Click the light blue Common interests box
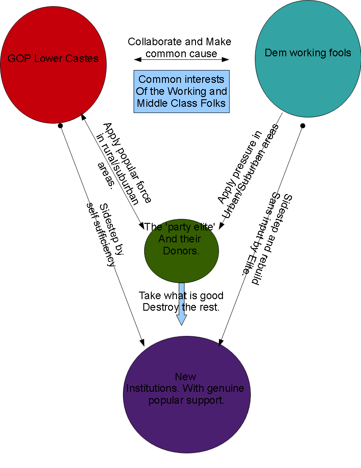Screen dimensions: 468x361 [x=181, y=92]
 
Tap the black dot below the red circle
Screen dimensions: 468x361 [x=60, y=126]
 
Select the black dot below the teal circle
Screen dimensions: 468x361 [x=303, y=126]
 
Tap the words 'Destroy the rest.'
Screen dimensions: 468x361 [x=181, y=307]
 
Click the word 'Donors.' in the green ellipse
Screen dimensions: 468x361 [x=181, y=250]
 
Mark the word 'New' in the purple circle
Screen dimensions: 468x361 [x=185, y=377]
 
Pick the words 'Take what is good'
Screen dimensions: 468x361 [x=181, y=295]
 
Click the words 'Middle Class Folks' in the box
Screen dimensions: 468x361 [x=181, y=103]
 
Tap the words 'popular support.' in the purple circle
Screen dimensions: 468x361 [x=186, y=400]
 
